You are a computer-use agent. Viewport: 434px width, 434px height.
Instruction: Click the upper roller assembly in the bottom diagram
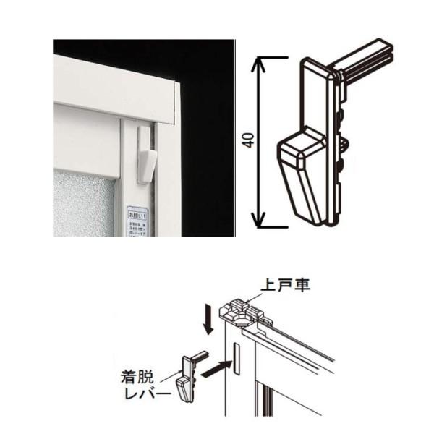tap(247, 312)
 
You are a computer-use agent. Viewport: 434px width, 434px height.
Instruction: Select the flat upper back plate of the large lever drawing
tap(318, 94)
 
